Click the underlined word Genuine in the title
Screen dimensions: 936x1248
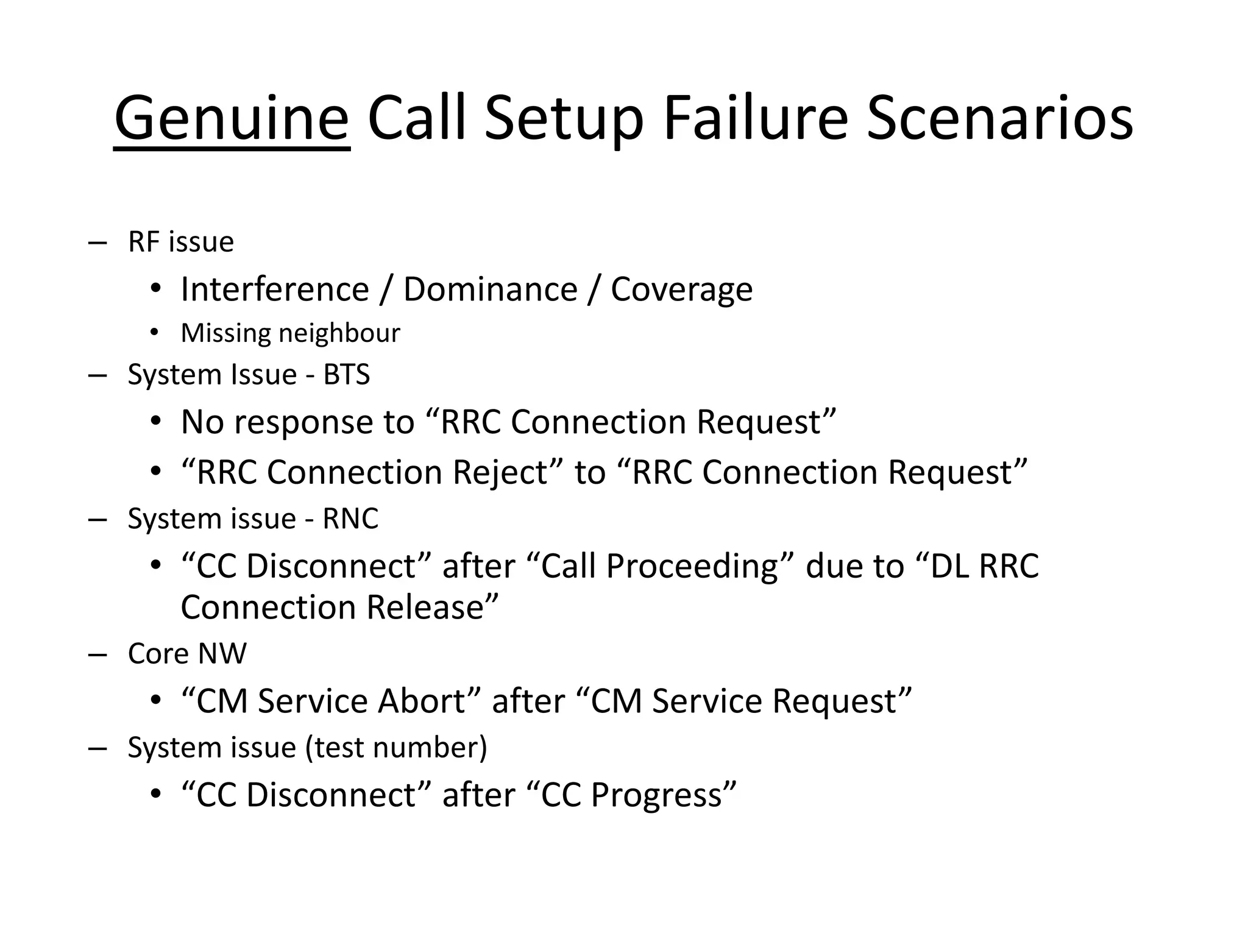coord(232,119)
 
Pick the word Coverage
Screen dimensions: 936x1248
coord(681,290)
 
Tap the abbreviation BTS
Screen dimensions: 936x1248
coord(346,374)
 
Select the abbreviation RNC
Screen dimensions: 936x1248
coord(350,519)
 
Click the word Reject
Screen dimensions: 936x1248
coord(500,472)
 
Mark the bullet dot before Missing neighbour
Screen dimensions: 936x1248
coord(155,333)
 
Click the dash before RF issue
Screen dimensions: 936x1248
coord(97,243)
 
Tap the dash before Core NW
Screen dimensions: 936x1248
coord(97,654)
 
